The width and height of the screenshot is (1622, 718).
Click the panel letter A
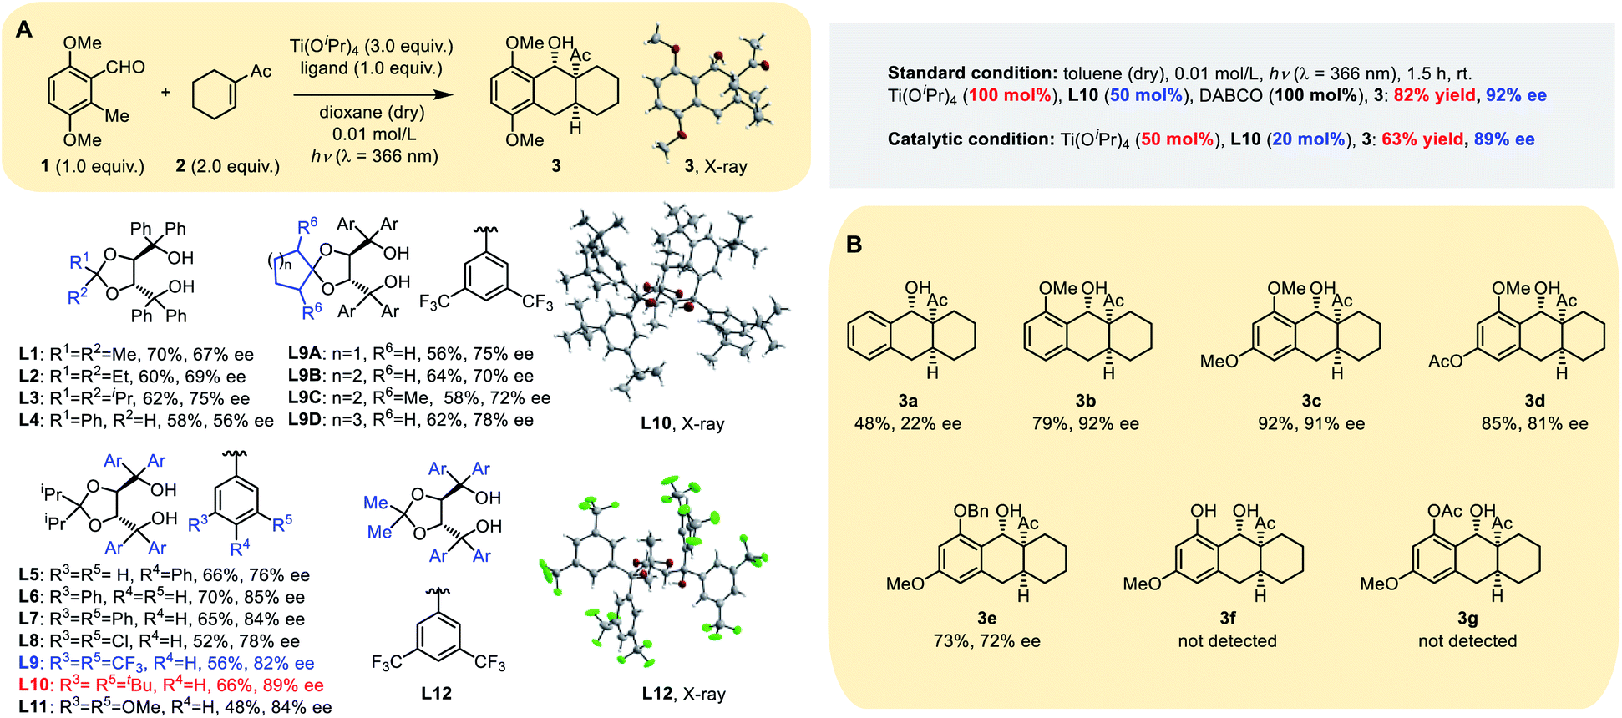[25, 30]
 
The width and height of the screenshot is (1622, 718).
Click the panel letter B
[854, 245]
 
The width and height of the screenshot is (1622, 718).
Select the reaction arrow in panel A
[373, 94]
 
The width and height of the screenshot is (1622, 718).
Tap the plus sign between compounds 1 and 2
[165, 92]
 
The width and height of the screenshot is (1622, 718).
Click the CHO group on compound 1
[125, 68]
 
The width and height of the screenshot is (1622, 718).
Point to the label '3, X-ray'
[716, 166]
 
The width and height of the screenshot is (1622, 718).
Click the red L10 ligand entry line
[171, 685]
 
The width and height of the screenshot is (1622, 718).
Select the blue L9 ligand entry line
[166, 664]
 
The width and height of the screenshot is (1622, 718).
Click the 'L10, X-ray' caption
[682, 423]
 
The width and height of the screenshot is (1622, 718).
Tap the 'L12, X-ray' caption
[683, 694]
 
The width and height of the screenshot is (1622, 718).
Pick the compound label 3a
[908, 402]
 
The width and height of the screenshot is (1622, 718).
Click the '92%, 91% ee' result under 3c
[1311, 424]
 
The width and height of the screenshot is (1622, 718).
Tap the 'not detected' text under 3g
[1467, 641]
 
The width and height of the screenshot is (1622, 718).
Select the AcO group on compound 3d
[1446, 361]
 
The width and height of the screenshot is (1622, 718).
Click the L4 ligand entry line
[146, 421]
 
